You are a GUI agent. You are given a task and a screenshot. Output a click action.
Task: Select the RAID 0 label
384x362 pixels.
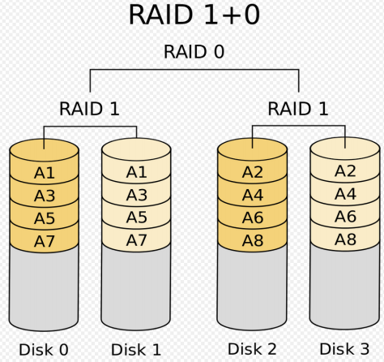click(194, 53)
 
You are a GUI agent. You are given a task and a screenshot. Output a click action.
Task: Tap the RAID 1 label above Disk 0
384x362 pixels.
click(90, 109)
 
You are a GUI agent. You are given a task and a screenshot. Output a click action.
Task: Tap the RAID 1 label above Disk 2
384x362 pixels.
click(298, 109)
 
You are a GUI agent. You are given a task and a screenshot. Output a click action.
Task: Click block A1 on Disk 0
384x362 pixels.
click(45, 173)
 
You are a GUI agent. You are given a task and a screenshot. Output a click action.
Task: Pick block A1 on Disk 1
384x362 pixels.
click(137, 172)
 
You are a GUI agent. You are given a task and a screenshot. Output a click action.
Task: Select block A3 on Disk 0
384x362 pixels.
click(45, 196)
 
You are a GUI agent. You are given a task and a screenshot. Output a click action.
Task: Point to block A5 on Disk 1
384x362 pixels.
click(137, 218)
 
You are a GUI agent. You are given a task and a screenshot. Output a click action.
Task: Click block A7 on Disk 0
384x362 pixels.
click(45, 241)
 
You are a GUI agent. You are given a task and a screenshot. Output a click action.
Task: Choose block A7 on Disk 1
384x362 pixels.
click(137, 240)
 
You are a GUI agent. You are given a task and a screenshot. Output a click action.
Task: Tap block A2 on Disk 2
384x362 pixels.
click(253, 172)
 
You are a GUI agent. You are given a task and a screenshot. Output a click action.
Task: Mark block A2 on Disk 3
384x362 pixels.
click(345, 170)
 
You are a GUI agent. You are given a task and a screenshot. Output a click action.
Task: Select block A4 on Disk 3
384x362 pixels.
click(345, 194)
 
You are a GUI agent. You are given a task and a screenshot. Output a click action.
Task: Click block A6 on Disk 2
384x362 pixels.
click(253, 218)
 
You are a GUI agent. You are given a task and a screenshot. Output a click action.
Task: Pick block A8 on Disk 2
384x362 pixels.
click(253, 241)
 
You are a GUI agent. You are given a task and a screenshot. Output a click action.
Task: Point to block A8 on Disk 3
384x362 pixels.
click(345, 239)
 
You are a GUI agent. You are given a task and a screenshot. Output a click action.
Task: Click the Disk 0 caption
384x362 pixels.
click(44, 349)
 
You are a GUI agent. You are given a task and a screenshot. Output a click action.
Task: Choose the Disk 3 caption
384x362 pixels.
click(345, 348)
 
